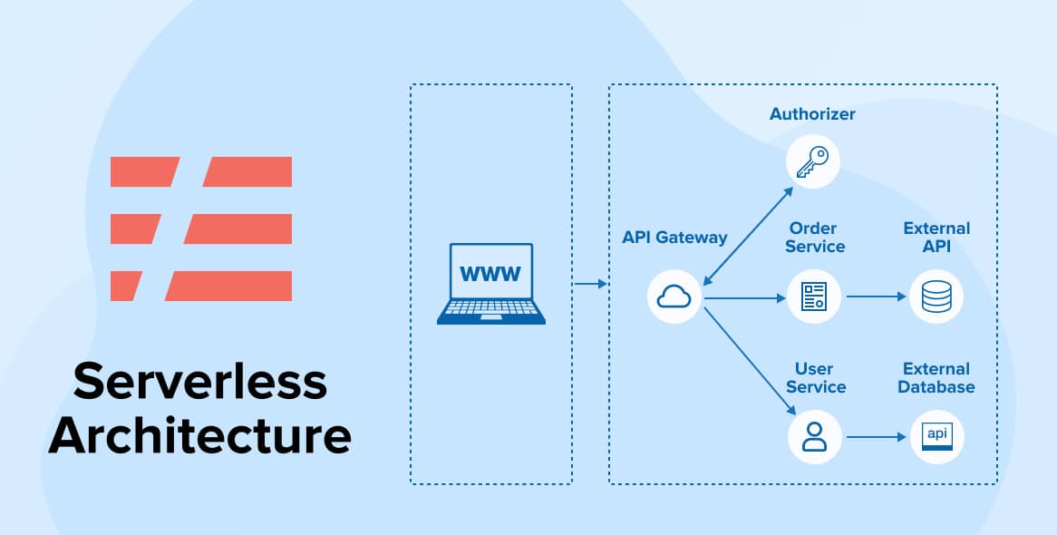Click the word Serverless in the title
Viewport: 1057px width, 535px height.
[x=199, y=382]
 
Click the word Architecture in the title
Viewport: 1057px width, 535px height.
[x=199, y=436]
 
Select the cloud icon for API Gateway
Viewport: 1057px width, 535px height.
[x=675, y=296]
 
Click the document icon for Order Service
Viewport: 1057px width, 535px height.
[x=813, y=297]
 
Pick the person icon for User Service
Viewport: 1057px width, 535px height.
[x=813, y=436]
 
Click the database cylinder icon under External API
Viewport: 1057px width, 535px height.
[x=936, y=297]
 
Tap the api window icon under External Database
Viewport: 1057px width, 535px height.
[x=936, y=436]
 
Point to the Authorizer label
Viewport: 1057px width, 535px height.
[x=812, y=114]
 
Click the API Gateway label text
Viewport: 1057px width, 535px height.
[x=674, y=238]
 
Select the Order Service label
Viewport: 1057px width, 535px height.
[x=814, y=238]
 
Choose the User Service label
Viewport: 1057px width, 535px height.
[x=814, y=378]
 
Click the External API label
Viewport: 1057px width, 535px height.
[x=936, y=238]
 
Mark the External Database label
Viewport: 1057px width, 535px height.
[x=936, y=378]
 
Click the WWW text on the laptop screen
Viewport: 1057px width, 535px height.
[x=490, y=273]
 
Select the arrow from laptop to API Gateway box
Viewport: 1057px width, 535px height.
[x=590, y=285]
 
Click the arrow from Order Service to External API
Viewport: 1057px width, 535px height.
[x=875, y=297]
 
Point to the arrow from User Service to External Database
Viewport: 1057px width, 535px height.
[x=875, y=437]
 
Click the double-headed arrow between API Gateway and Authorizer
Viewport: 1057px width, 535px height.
[x=745, y=233]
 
